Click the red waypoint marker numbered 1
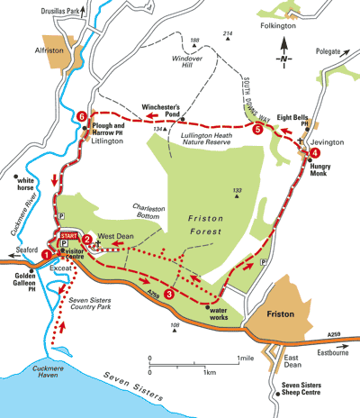pos(46,254)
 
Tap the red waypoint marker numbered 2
pos(87,239)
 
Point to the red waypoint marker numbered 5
pos(257,130)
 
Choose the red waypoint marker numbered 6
pos(83,116)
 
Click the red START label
pos(68,233)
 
